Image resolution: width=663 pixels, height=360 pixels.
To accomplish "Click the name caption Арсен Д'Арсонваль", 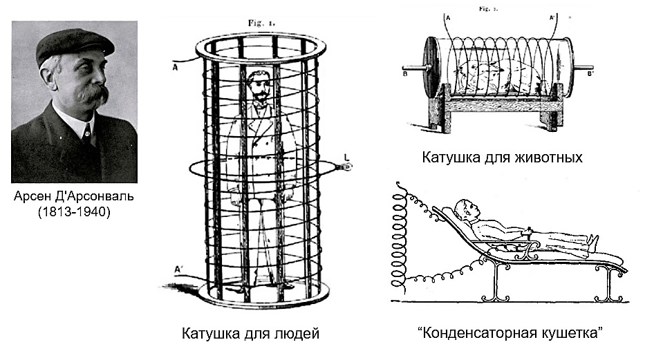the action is pyautogui.click(x=74, y=196).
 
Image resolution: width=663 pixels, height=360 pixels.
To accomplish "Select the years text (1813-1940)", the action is pyautogui.click(x=74, y=211).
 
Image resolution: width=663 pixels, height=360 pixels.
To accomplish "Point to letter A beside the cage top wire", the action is pyautogui.click(x=175, y=67).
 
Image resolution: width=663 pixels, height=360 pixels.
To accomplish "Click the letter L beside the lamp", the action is pyautogui.click(x=346, y=158).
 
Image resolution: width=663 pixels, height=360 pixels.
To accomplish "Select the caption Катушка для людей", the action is pyautogui.click(x=250, y=333).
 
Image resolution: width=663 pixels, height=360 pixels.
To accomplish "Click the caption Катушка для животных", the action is pyautogui.click(x=502, y=158).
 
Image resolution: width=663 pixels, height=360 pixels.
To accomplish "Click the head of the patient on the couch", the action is pyautogui.click(x=466, y=209).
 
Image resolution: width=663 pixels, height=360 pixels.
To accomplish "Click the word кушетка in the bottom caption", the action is pyautogui.click(x=572, y=333).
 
